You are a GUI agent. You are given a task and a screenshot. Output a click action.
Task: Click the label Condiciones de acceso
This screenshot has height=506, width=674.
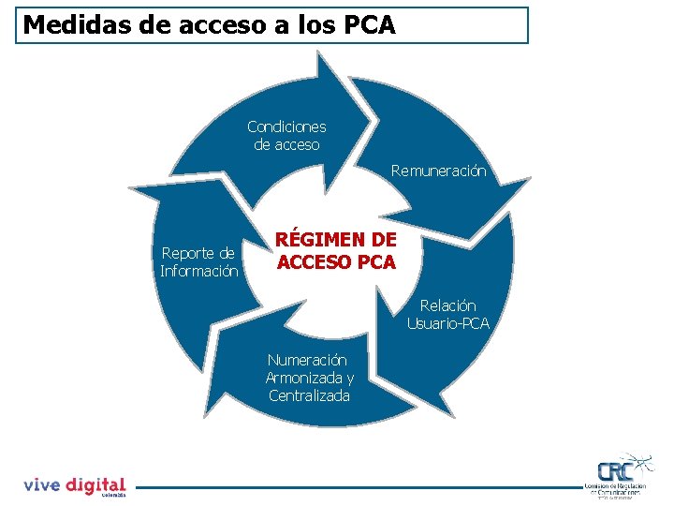click(286, 136)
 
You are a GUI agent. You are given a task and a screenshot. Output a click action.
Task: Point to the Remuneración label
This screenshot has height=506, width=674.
click(439, 171)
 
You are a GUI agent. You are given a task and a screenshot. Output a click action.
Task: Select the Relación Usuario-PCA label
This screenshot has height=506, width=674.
click(447, 315)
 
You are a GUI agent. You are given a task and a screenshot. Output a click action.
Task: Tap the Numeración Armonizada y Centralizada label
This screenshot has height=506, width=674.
click(309, 378)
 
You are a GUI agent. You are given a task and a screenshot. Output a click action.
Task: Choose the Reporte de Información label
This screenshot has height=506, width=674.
click(198, 262)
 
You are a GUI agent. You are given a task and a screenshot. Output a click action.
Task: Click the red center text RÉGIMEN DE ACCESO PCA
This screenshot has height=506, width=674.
click(336, 252)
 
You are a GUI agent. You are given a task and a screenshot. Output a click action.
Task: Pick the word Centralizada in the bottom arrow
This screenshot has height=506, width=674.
click(309, 395)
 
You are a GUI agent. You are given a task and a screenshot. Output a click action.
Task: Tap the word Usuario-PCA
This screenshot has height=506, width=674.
click(447, 324)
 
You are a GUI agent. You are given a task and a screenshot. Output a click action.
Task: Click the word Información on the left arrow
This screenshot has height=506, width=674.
click(198, 272)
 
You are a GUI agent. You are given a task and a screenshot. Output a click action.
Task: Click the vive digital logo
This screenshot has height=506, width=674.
click(74, 485)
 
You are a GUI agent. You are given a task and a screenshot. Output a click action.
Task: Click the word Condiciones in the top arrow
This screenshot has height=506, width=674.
click(286, 126)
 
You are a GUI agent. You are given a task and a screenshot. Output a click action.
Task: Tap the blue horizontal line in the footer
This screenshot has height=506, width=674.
click(356, 486)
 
